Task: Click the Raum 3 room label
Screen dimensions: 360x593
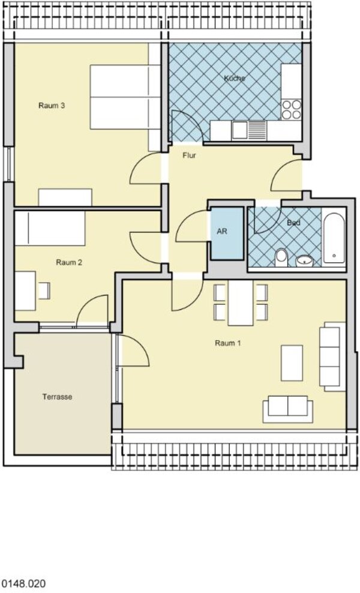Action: pos(52,106)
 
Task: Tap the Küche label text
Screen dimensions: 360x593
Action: pos(235,78)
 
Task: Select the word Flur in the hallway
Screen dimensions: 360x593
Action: pos(189,155)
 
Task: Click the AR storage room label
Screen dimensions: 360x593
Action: pos(222,230)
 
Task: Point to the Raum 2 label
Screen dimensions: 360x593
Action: pos(69,262)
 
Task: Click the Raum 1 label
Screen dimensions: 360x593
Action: pos(227,343)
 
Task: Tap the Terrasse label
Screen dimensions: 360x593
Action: pos(57,397)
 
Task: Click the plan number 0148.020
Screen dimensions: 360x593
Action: pos(23,583)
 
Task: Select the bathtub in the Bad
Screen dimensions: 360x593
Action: pos(334,238)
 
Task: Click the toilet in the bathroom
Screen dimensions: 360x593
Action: pos(281,257)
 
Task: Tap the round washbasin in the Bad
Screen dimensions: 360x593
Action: pos(304,260)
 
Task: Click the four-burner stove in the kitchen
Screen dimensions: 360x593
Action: pos(292,109)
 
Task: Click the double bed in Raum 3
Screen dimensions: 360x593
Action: pos(125,97)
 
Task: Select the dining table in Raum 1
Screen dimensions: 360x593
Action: pos(241,303)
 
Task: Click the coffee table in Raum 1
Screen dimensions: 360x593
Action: pos(292,363)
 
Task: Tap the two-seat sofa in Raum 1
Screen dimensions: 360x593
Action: pos(288,409)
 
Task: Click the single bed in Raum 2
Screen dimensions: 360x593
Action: pos(50,228)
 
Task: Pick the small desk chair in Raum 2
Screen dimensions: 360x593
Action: pos(43,290)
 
